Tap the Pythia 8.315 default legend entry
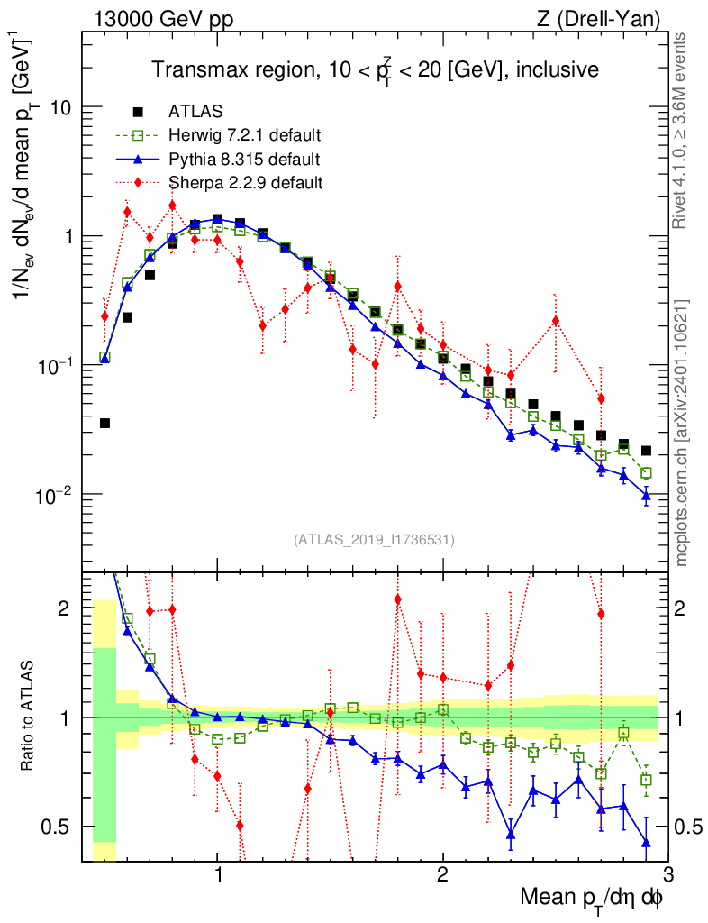(x=243, y=160)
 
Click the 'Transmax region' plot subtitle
(x=374, y=69)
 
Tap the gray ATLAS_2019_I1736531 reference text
(x=374, y=540)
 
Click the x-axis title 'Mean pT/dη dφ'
(x=593, y=897)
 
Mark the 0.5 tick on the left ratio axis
(x=61, y=827)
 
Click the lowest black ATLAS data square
(x=104, y=423)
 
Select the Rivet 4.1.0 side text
(x=682, y=131)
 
